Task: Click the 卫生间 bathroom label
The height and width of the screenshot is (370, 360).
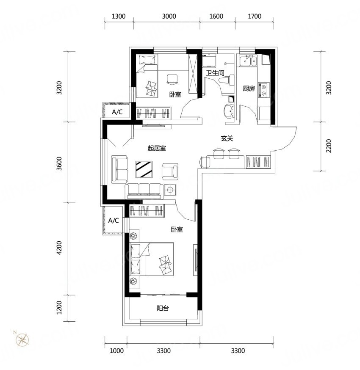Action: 215,73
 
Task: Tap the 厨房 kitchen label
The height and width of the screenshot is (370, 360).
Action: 249,88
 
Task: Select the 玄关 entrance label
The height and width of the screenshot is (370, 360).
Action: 227,138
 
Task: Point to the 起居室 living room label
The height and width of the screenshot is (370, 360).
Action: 157,148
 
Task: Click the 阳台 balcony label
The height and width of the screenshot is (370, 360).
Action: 163,308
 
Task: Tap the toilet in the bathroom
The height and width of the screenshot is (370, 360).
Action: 227,80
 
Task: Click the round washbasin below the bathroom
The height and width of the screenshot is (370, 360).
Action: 229,111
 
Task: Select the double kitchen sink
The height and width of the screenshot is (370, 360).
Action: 248,61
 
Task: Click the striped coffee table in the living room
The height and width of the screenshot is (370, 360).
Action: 144,169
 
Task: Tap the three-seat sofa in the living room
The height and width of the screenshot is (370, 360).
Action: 144,191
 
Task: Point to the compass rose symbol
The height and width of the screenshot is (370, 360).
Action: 22,340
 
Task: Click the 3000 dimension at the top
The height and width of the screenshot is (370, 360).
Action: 169,16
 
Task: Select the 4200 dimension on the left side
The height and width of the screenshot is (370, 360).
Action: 59,248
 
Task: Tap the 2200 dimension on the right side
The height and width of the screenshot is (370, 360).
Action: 329,146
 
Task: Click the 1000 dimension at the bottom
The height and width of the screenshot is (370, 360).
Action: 116,351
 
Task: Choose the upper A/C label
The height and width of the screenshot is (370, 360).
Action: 117,112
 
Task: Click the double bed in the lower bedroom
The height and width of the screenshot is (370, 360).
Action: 152,259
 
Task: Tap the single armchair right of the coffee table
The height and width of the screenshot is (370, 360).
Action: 170,171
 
